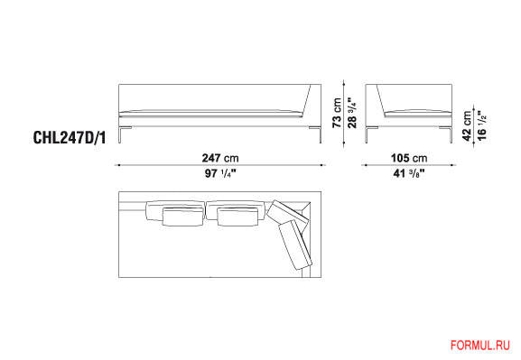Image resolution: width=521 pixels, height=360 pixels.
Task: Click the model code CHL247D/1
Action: coord(70,137)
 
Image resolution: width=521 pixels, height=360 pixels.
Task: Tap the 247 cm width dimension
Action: coord(220,158)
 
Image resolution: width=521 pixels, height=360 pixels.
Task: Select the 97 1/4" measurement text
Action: coord(220,173)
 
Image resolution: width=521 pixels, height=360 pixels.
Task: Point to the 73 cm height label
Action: coord(337,113)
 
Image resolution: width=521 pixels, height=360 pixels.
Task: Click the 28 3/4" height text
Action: coord(352,113)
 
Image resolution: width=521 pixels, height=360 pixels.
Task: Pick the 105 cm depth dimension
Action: coord(409,158)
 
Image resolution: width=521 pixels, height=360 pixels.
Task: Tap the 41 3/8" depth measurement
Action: coord(409,173)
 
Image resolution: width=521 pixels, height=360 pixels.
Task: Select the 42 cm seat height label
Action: coord(467,126)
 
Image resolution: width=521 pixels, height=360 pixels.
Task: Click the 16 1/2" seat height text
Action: coord(481,125)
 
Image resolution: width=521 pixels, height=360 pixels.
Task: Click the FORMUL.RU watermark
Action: coord(480,346)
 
